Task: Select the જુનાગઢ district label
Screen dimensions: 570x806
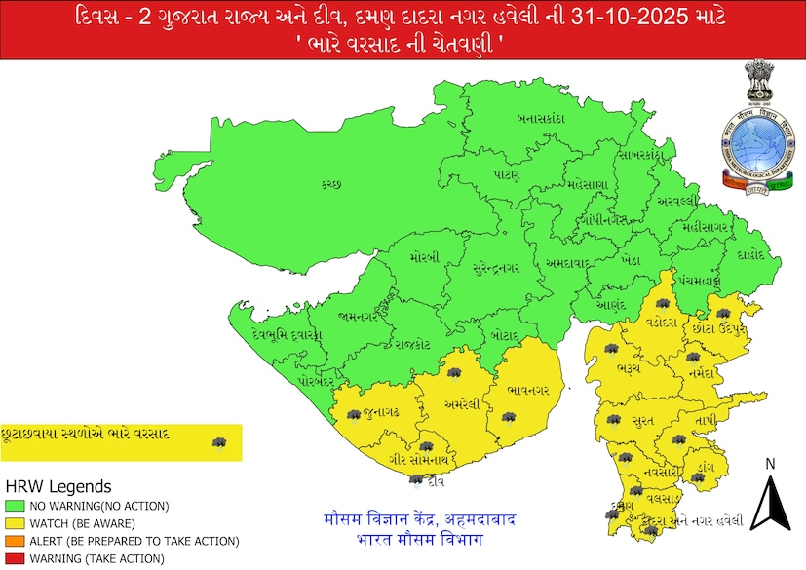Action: coord(379,413)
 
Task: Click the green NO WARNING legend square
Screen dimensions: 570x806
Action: coord(16,506)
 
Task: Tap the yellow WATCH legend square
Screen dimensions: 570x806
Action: coord(16,523)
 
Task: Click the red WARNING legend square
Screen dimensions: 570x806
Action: coord(16,558)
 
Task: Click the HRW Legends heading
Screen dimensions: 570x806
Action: coord(58,486)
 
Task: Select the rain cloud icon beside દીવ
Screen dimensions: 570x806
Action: coord(417,480)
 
